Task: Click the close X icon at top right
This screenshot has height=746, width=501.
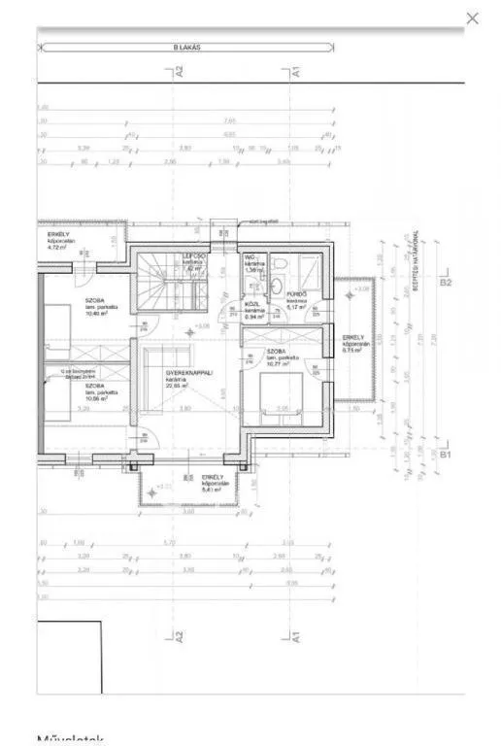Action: pos(473,17)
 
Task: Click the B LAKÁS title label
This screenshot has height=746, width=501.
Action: pos(186,46)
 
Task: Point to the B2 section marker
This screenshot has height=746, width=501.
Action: pos(446,283)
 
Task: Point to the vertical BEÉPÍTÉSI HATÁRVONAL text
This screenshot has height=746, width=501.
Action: pos(415,264)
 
